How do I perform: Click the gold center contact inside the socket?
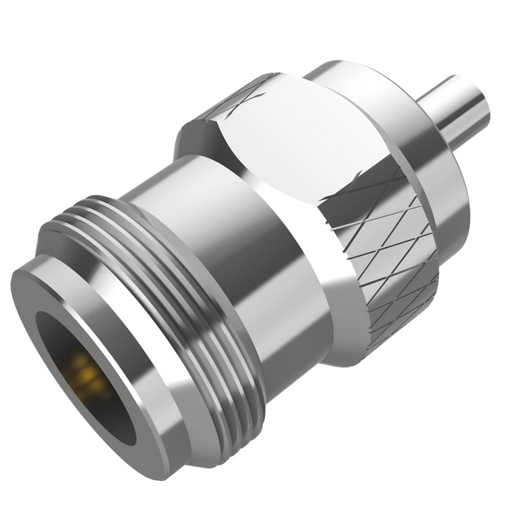[x=86, y=373]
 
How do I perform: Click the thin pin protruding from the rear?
[x=452, y=111]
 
